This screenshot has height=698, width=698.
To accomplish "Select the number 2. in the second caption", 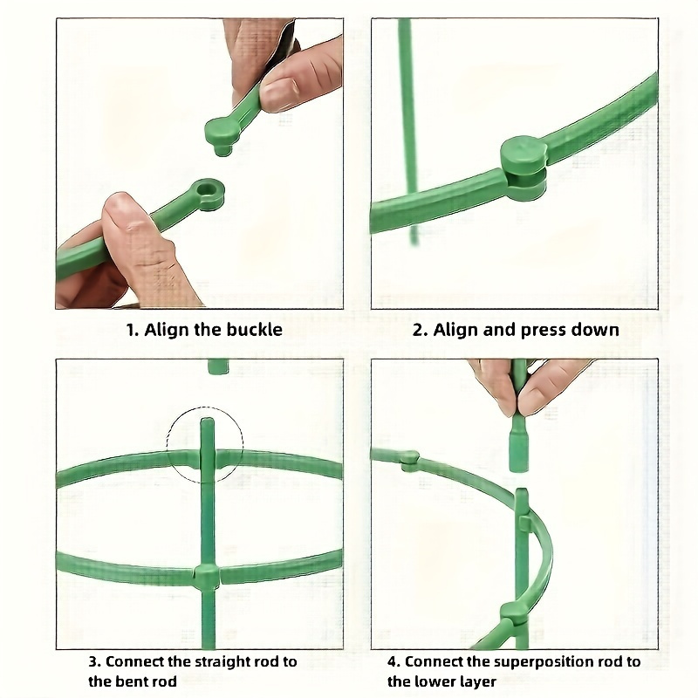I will (421, 330).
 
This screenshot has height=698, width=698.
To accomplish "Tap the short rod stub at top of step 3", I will (217, 366).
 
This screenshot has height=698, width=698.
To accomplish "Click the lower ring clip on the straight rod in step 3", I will (206, 576).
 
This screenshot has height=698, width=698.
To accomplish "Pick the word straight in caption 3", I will (212, 661).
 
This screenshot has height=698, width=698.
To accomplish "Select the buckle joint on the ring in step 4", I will (409, 461).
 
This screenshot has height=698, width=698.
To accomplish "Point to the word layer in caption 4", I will (476, 681).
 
